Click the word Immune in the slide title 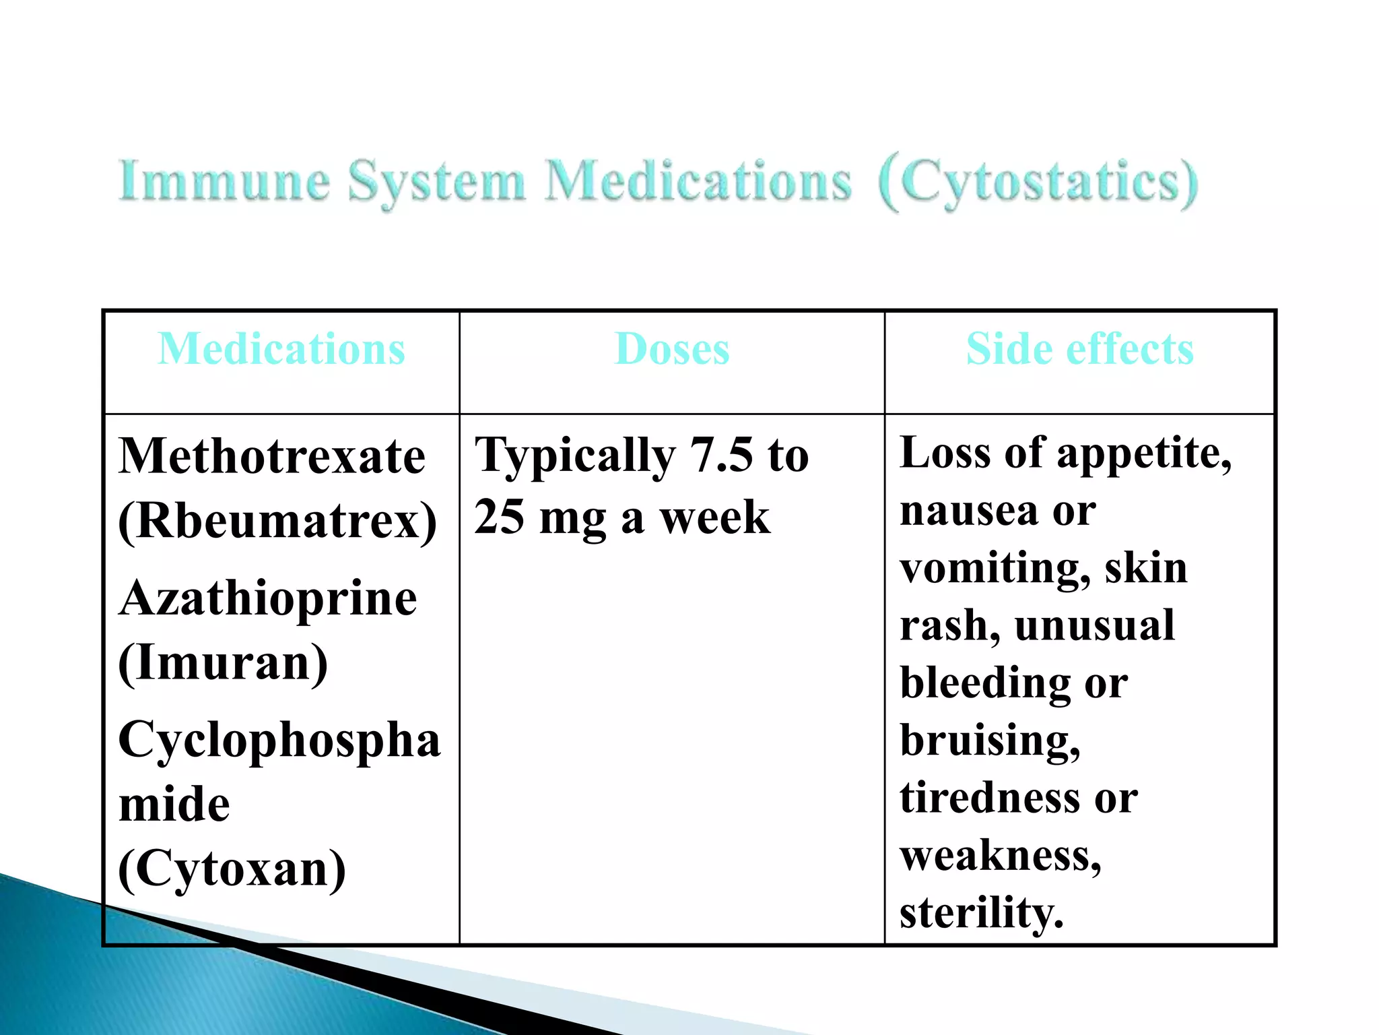[224, 181]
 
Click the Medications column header [281, 349]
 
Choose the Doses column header [672, 349]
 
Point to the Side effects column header [1080, 349]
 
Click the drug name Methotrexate [272, 456]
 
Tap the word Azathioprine [268, 598]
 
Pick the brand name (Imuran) [223, 663]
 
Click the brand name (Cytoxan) [232, 869]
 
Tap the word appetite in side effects [1144, 453]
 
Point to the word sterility [981, 913]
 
